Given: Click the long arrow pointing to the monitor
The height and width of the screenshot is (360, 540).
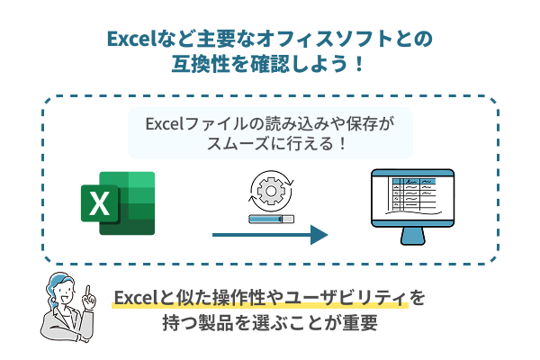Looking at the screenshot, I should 269,236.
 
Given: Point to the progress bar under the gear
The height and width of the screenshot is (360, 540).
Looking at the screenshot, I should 269,219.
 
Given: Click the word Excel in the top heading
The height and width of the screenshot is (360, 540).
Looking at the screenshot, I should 131,39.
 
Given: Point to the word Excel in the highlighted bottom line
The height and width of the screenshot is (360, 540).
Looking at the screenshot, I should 136,298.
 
